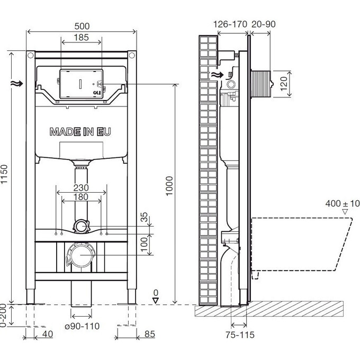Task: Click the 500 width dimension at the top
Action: tap(82, 25)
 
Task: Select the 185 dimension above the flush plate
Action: tap(82, 38)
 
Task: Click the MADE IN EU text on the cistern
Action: tap(81, 132)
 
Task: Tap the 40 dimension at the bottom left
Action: tap(48, 334)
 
